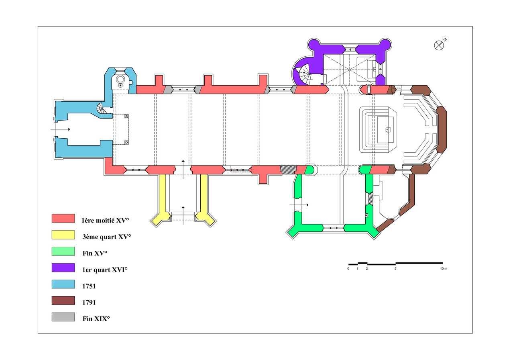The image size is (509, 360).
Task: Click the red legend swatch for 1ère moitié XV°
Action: [x=63, y=218]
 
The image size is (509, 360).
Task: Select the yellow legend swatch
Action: [x=63, y=235]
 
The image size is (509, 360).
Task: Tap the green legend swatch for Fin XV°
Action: [x=63, y=251]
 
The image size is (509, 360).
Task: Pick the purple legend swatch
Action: [x=63, y=268]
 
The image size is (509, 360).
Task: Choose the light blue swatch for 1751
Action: [x=63, y=284]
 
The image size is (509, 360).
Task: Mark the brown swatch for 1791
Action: [x=63, y=301]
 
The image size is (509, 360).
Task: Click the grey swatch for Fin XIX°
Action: [x=63, y=317]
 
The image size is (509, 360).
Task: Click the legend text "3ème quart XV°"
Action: [x=107, y=237]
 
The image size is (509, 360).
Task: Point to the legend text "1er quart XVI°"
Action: [x=105, y=270]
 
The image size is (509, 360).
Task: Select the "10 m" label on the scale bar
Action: [x=443, y=268]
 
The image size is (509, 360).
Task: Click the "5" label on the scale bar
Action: [x=395, y=268]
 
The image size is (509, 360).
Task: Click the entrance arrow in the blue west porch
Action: [x=60, y=129]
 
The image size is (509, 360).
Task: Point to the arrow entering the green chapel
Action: [x=299, y=205]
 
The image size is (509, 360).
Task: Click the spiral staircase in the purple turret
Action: [x=305, y=75]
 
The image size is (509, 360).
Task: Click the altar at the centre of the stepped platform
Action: [x=387, y=129]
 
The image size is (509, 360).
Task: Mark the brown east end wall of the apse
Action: [x=441, y=129]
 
